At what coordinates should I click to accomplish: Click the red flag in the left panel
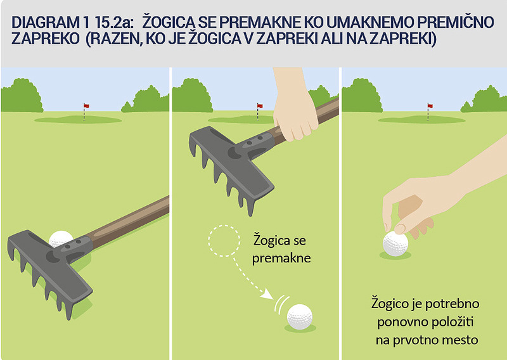click(86, 106)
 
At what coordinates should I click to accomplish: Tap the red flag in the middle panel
click(260, 106)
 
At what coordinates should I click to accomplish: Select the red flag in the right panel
click(430, 106)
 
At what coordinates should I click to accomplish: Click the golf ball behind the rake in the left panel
click(60, 238)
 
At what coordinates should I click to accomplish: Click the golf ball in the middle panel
click(300, 317)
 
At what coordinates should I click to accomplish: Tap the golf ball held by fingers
click(395, 243)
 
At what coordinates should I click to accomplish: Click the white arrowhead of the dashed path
click(267, 294)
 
